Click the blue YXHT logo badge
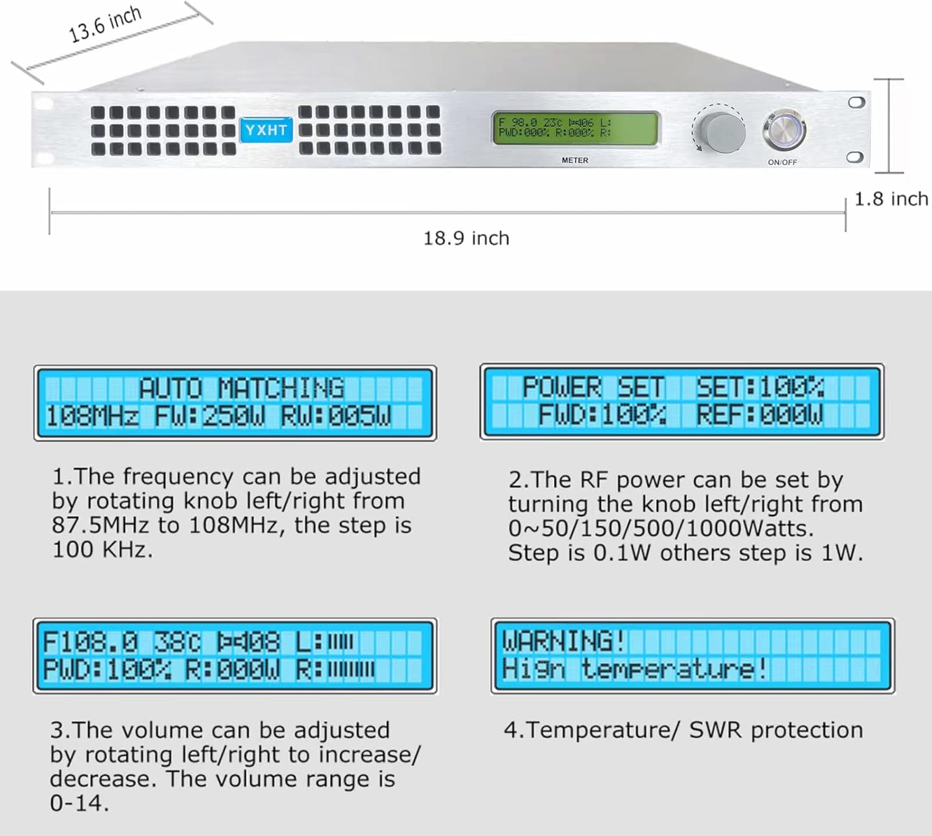tap(266, 130)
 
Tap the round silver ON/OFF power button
tap(784, 130)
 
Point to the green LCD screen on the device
tap(575, 129)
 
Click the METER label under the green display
tap(575, 160)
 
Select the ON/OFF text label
tap(782, 162)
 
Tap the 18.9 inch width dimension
tap(466, 238)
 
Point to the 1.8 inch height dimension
tap(891, 199)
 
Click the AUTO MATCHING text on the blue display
tap(241, 388)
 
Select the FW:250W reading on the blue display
tap(209, 416)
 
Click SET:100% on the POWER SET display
tap(761, 388)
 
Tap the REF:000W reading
tap(759, 414)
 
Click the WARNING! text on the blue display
tap(564, 641)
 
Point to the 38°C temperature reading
tap(177, 642)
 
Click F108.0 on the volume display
tap(90, 642)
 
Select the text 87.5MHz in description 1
tap(101, 525)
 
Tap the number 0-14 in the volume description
tap(79, 803)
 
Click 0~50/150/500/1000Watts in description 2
tap(661, 529)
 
